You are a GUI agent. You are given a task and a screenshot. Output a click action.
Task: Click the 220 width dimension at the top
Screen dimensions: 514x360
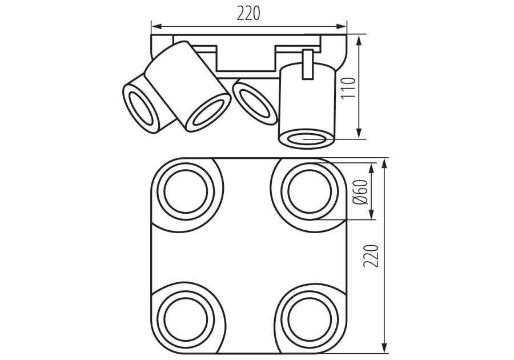point(248,14)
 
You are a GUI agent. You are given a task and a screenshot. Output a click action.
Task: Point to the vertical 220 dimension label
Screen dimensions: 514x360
point(371,256)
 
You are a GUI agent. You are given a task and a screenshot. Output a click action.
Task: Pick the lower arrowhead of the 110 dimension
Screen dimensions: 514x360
point(359,133)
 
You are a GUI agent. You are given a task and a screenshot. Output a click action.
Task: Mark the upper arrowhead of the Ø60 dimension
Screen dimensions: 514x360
point(371,168)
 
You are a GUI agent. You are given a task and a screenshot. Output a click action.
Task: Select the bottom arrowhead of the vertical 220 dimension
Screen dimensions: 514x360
point(384,348)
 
